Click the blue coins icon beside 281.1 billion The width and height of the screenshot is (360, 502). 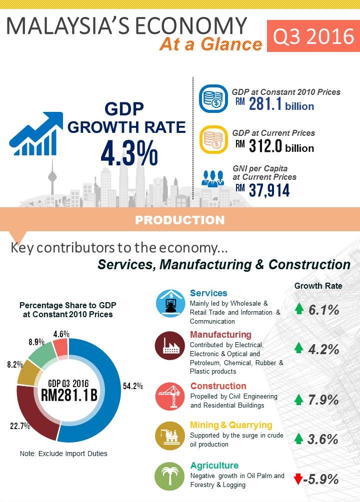pos(213,98)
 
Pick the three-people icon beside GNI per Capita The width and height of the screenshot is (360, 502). pos(212,179)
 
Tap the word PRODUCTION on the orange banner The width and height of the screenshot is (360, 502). pos(180,220)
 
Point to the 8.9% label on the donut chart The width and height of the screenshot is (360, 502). pos(36,342)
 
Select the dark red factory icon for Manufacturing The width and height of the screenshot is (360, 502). pos(169,346)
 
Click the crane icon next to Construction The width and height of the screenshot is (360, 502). pos(169,396)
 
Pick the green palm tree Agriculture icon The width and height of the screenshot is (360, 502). pos(169,476)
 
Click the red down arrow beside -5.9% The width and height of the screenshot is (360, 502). pos(298,480)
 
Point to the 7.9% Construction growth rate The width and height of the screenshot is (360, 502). pos(323,400)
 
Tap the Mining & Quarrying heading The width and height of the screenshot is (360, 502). pos(231,425)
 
